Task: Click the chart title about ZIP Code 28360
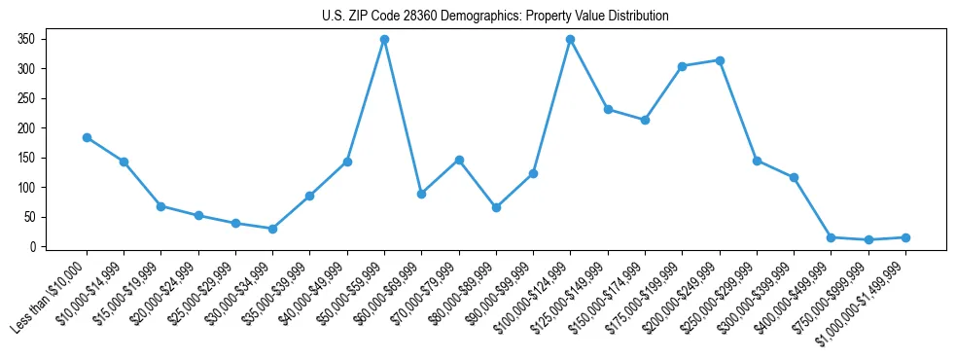click(x=495, y=17)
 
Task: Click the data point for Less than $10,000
click(x=87, y=137)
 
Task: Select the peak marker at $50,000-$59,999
click(x=384, y=39)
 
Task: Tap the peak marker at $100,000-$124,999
click(x=570, y=39)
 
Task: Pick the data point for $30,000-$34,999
click(x=272, y=229)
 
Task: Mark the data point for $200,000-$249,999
click(x=719, y=60)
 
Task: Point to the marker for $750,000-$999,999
click(x=867, y=239)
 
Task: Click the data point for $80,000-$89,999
click(x=496, y=207)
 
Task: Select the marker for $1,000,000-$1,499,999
click(x=904, y=237)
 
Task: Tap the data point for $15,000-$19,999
click(x=160, y=206)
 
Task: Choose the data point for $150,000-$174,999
click(x=645, y=120)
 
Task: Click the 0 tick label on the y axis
click(x=33, y=247)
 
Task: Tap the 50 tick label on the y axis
click(x=29, y=217)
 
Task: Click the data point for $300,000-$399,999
click(x=794, y=177)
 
